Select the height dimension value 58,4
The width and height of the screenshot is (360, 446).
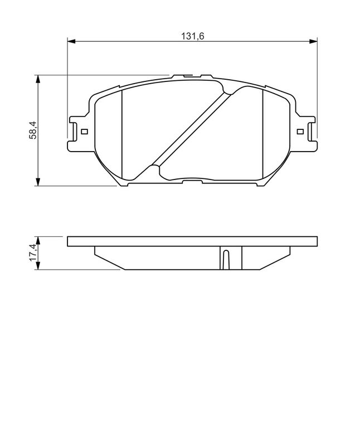click(33, 130)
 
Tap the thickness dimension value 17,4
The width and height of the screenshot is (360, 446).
click(33, 253)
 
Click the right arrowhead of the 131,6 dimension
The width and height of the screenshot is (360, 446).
click(313, 41)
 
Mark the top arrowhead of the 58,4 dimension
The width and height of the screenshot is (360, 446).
click(38, 79)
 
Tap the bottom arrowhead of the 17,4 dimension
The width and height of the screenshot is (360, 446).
click(38, 267)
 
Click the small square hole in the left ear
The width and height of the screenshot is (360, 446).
click(84, 132)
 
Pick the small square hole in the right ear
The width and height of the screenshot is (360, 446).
click(300, 132)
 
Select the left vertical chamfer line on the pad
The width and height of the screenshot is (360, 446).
click(121, 134)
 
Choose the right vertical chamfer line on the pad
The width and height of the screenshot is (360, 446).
click(262, 134)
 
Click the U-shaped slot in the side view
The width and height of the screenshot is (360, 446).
click(225, 260)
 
